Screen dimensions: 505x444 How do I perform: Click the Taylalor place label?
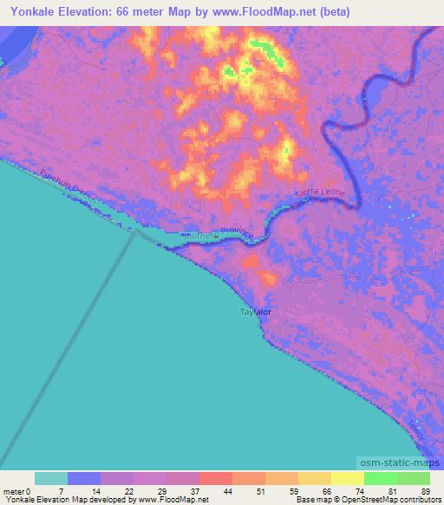coord(255,312)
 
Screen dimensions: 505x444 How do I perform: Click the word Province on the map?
coord(235,233)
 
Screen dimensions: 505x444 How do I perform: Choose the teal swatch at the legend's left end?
coord(51,478)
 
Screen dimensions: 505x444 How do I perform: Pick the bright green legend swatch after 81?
coord(414,478)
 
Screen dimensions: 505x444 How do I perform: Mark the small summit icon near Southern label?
coord(216,235)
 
